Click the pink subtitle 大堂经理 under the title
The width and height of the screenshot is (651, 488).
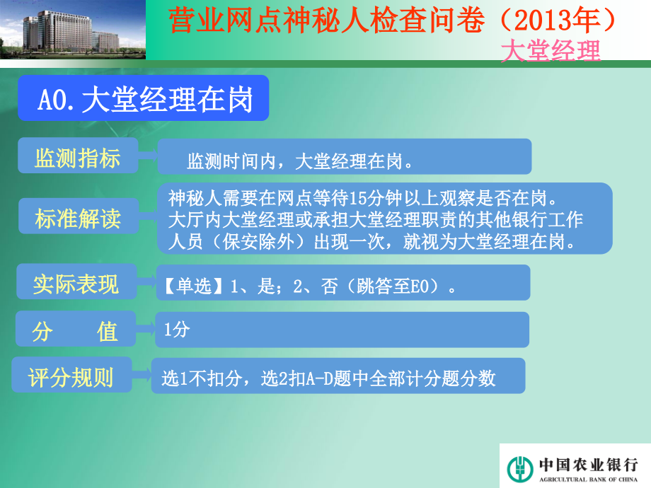point(551,51)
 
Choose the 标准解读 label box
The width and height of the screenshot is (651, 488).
point(77,219)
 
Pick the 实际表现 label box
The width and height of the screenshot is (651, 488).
point(76,284)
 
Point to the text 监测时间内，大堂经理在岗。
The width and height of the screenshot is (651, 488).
point(300,162)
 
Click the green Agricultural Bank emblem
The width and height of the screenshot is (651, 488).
point(520,467)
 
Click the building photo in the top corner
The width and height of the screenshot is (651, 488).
point(73,30)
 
